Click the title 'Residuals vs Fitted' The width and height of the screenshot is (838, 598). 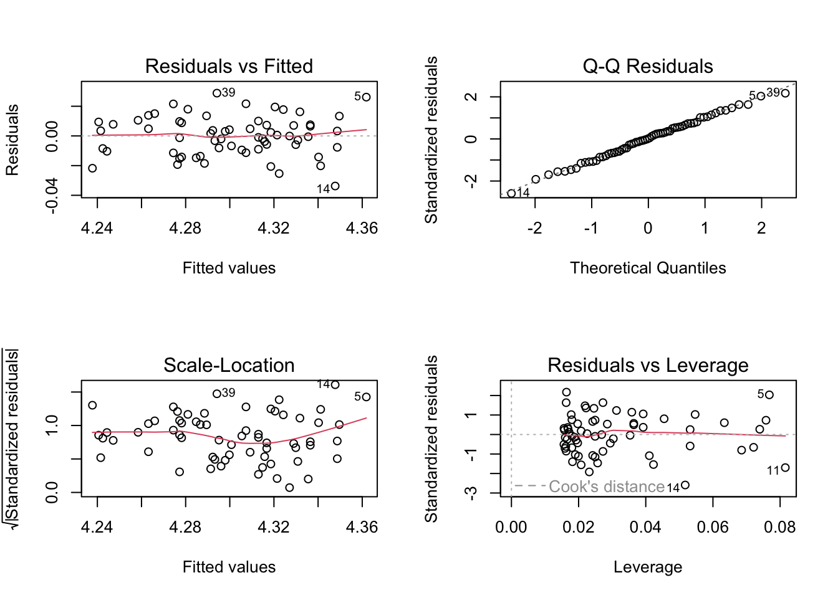(x=229, y=66)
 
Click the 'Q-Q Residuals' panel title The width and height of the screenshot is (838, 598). (x=648, y=66)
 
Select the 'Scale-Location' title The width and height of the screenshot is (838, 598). (x=229, y=365)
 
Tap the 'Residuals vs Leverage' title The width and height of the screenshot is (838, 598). (x=648, y=365)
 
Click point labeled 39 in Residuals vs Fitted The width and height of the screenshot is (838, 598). (x=217, y=93)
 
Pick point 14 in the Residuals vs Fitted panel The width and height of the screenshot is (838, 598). (x=335, y=186)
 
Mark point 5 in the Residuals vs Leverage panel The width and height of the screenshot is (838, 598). (x=769, y=395)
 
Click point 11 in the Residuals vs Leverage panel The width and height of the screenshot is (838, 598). (x=785, y=468)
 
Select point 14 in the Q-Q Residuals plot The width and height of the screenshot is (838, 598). (x=511, y=194)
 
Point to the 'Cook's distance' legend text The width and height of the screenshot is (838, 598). (x=607, y=486)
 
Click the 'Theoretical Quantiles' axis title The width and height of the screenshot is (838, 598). (x=648, y=268)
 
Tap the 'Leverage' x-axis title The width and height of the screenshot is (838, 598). (x=648, y=567)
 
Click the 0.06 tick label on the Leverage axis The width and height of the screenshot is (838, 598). (x=713, y=528)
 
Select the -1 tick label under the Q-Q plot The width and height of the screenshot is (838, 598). (x=591, y=229)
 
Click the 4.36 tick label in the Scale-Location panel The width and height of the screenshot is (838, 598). (x=362, y=528)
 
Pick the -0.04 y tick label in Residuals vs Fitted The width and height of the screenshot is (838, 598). (x=52, y=195)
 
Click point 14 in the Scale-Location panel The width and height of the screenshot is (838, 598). (x=335, y=385)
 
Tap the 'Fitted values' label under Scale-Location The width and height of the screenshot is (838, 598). (x=229, y=567)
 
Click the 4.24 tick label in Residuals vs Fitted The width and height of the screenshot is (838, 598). (x=97, y=229)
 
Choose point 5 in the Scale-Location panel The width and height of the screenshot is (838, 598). (x=366, y=397)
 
